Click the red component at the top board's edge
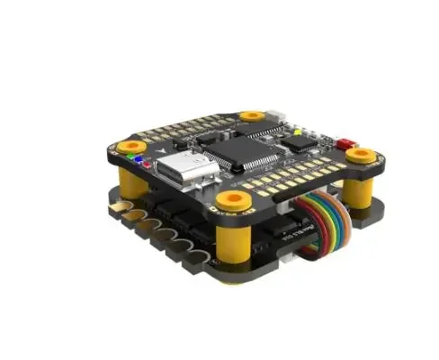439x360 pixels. tap(345, 142)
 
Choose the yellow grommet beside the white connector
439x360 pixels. tap(253, 116)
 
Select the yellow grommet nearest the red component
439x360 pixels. tap(361, 155)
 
